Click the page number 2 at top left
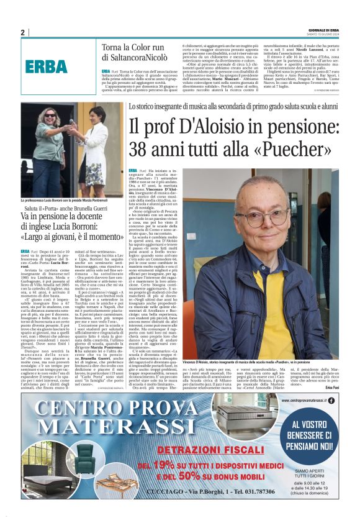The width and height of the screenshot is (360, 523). [23, 32]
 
